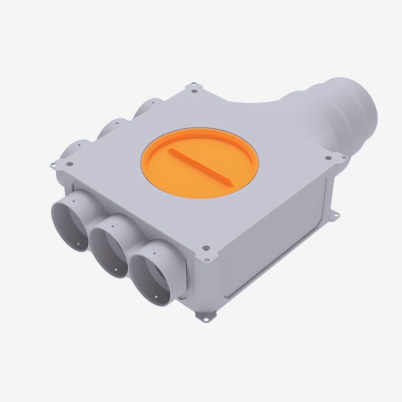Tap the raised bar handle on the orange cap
point(200,166)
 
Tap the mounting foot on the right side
point(334,216)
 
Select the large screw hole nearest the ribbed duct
point(328,159)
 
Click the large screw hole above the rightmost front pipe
point(205,248)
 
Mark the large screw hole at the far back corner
point(194,91)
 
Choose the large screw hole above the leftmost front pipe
point(69,164)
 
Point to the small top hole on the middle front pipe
point(112,226)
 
